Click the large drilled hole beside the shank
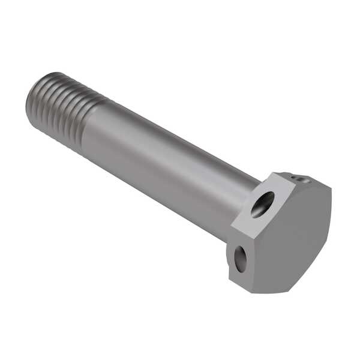click(x=262, y=204)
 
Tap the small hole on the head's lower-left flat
click(x=240, y=259)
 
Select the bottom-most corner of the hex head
click(x=251, y=293)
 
